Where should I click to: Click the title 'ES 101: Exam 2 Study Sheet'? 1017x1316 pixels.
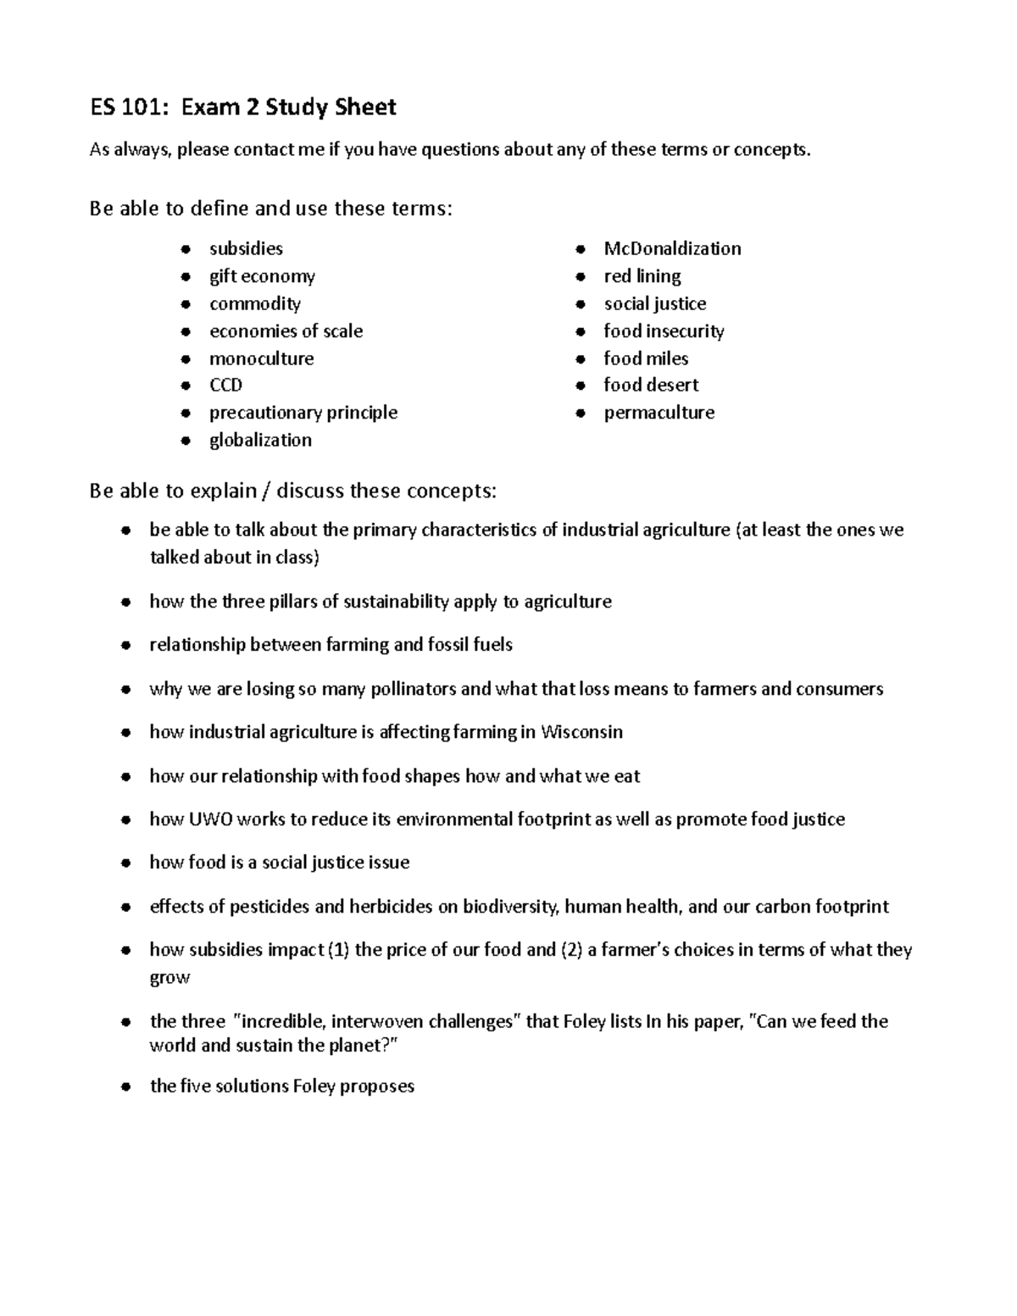coord(243,108)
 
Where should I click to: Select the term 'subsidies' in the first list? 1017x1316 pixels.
coord(246,248)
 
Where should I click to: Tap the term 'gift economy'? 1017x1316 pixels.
coord(262,276)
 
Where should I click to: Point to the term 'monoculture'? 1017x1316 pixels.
coord(261,358)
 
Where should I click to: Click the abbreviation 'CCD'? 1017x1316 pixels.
coord(225,386)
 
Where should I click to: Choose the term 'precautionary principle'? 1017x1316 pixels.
coord(303,413)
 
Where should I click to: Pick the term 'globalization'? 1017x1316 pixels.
coord(260,440)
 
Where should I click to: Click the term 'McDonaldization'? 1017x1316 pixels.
coord(672,248)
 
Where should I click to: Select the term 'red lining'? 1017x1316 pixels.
coord(642,276)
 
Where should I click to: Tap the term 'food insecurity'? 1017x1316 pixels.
coord(664,331)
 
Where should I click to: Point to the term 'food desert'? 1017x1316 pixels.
coord(651,386)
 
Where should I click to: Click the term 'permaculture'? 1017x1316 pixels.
coord(659,413)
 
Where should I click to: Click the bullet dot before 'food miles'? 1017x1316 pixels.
coord(581,359)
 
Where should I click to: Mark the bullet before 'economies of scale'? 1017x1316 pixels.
coord(186,332)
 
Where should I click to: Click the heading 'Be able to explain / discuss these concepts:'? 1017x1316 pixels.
coord(293,491)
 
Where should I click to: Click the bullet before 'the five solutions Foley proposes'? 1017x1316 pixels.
coord(125,1087)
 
